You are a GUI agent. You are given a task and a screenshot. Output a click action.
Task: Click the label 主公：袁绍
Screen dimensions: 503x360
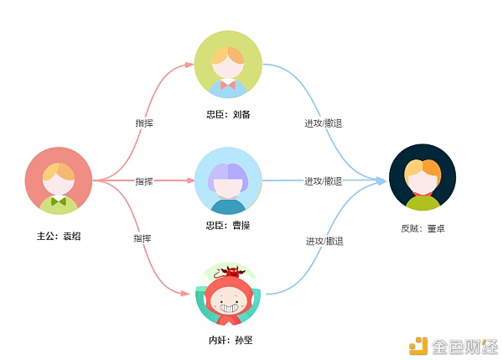tap(59, 236)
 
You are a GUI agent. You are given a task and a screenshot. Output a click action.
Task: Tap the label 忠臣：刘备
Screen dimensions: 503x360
tap(228, 115)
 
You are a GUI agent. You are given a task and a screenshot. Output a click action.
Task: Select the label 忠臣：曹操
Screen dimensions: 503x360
tap(228, 226)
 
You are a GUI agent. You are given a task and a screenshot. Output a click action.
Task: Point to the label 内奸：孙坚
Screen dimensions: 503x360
tap(231, 340)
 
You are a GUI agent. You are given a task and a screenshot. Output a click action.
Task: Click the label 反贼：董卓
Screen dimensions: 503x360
tap(423, 228)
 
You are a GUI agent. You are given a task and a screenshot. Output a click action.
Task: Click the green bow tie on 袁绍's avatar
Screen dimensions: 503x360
tap(59, 201)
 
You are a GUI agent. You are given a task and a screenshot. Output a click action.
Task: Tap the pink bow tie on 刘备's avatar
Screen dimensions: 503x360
tap(228, 85)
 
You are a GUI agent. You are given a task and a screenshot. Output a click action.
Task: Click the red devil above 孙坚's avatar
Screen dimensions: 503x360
tap(231, 272)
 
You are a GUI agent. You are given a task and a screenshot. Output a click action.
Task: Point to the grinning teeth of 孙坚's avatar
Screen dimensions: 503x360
tap(228, 308)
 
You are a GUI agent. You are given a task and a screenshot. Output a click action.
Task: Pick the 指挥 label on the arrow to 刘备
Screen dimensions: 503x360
tap(144, 123)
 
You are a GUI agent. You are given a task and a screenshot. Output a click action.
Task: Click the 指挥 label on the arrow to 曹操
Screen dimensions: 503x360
tap(144, 181)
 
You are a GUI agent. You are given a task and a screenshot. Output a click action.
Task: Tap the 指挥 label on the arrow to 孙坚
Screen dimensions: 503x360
tap(143, 238)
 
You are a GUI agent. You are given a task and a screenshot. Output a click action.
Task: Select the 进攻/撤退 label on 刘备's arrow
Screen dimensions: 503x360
tap(324, 123)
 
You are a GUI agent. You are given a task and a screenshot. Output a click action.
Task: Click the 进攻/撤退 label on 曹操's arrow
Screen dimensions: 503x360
tap(324, 181)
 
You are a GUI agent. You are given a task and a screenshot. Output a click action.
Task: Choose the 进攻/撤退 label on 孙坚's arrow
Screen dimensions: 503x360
tap(324, 241)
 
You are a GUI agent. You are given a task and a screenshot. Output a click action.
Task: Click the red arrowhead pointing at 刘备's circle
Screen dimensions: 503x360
tap(190, 65)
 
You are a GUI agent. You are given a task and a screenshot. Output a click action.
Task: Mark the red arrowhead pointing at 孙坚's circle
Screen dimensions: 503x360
tap(185, 293)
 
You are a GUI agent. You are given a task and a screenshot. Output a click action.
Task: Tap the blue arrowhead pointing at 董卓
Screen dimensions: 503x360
tap(381, 180)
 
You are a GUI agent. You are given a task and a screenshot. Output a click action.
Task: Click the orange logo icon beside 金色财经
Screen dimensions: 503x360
tap(418, 347)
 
